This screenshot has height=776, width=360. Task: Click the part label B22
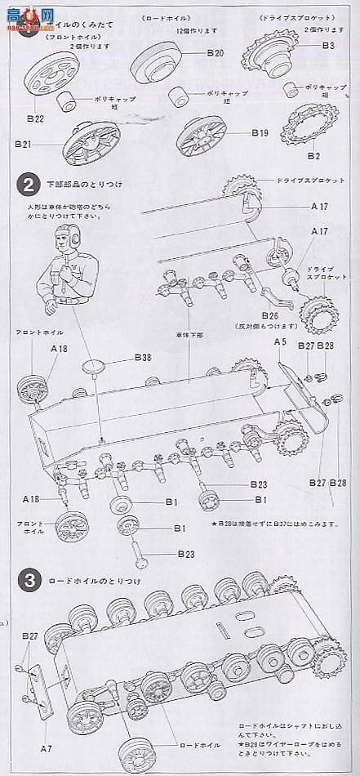coord(34,118)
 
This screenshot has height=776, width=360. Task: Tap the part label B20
coord(214,53)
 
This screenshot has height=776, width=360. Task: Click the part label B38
coord(143,358)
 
